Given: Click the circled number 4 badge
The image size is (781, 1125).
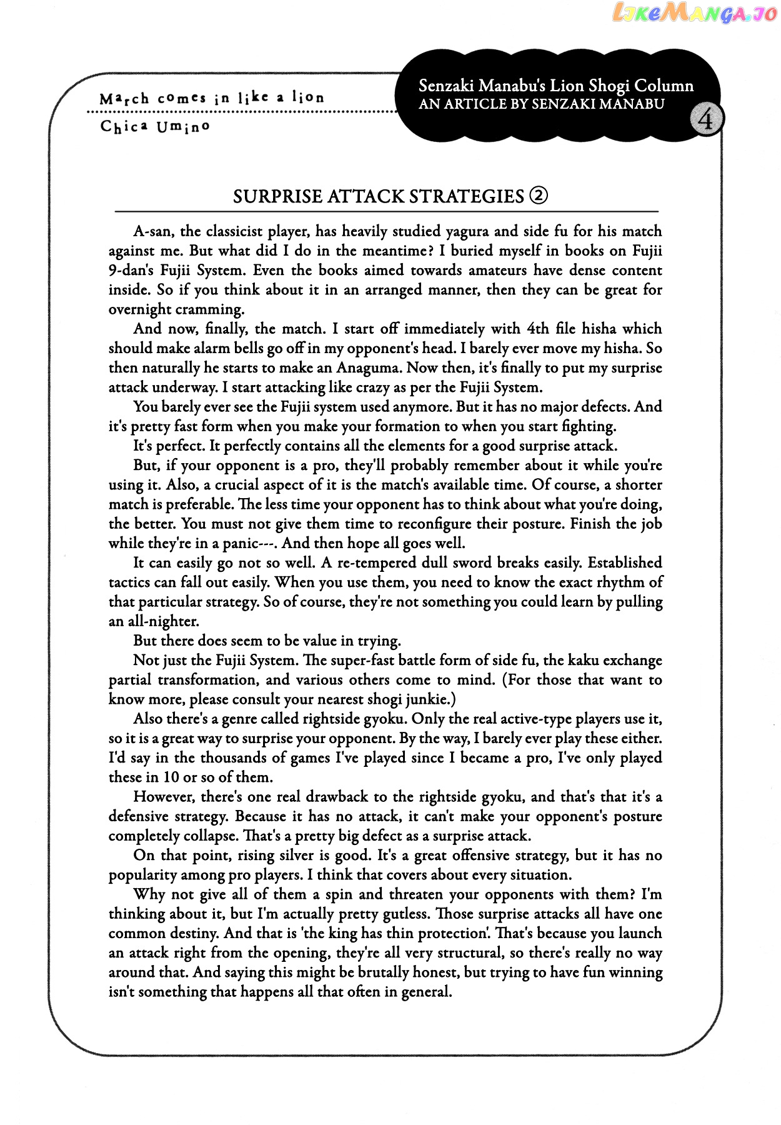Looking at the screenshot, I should tap(706, 119).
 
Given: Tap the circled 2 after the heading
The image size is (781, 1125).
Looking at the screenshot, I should tap(538, 196).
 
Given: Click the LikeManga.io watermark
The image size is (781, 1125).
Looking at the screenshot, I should tap(694, 13).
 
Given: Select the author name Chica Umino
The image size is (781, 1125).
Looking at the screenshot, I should tap(155, 127).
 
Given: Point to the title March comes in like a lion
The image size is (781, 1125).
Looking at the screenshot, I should tap(212, 98).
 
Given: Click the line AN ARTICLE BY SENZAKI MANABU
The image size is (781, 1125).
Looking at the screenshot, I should tap(541, 104).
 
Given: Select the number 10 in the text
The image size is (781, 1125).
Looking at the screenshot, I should tap(171, 777).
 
